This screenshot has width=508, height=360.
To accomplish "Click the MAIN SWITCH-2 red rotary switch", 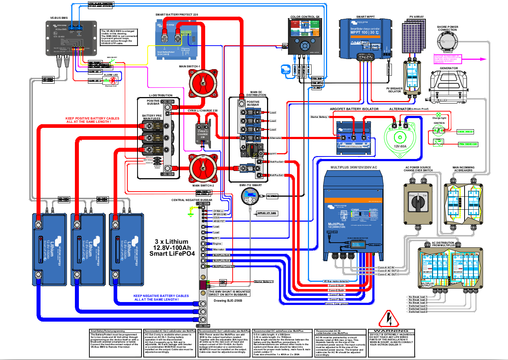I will pyautogui.click(x=203, y=168).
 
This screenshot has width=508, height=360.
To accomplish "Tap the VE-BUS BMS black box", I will pyautogui.click(x=71, y=38).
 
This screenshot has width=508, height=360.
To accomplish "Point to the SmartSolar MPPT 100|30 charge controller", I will pyautogui.click(x=365, y=38).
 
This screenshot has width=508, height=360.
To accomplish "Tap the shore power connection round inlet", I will pyautogui.click(x=448, y=42).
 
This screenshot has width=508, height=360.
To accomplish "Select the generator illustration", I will pyautogui.click(x=449, y=87).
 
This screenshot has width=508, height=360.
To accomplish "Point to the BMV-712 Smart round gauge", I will pyautogui.click(x=250, y=196).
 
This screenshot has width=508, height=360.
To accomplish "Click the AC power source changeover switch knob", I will pyautogui.click(x=418, y=203).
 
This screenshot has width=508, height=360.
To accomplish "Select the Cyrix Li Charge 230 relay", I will pyautogui.click(x=203, y=133).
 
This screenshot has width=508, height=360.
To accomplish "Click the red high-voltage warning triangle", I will pyautogui.click(x=389, y=319).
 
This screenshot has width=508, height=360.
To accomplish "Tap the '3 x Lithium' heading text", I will pyautogui.click(x=172, y=242).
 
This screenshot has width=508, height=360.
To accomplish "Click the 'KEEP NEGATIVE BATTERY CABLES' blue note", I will pyautogui.click(x=161, y=297).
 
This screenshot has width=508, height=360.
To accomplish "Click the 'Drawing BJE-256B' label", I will pyautogui.click(x=228, y=301).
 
